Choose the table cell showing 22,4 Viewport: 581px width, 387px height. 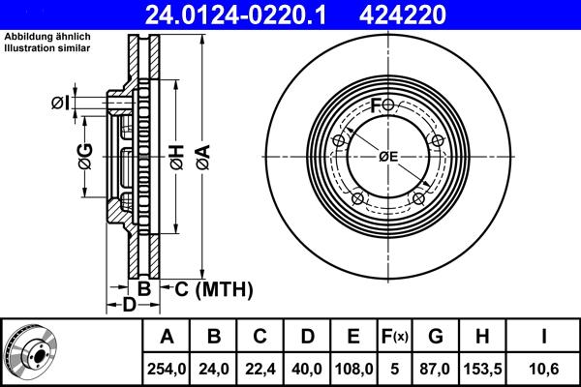[260, 369]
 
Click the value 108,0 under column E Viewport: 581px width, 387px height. [353, 369]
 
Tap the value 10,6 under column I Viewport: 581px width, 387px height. [544, 369]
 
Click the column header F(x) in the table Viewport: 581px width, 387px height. [394, 338]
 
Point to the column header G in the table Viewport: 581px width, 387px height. [436, 338]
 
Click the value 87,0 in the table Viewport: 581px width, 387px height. [436, 369]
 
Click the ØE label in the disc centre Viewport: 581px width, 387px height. [388, 156]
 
